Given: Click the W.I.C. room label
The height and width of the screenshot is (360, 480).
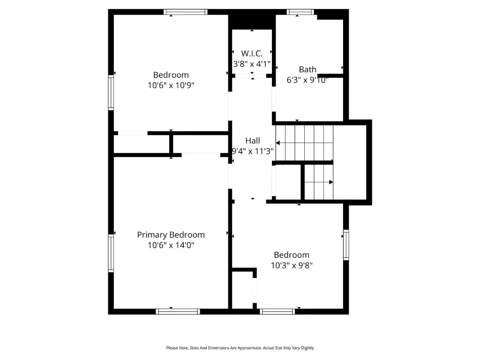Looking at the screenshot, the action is [x=252, y=53].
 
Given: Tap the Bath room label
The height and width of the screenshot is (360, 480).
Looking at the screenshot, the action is [x=307, y=69].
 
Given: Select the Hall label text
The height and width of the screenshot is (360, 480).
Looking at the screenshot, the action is [x=253, y=141].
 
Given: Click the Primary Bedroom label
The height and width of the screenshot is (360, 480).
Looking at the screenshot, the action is [x=171, y=235].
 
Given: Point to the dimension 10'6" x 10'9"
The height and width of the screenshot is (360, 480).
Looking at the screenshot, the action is [x=171, y=85].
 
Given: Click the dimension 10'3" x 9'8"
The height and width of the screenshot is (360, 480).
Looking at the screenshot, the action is [x=292, y=265].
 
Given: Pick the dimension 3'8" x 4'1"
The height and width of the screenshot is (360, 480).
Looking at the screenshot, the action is [x=252, y=64].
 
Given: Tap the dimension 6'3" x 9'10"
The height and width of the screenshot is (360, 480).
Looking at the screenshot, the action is [x=307, y=80].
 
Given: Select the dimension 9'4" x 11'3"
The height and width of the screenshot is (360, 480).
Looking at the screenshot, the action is [x=253, y=151].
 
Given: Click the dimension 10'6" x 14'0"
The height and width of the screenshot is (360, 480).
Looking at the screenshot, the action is [x=171, y=245].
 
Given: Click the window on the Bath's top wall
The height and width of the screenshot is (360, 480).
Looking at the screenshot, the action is [x=300, y=12].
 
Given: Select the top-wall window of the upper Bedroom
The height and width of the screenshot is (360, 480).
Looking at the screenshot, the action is [x=186, y=12].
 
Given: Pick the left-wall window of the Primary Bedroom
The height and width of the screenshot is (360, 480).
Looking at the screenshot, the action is [x=111, y=253].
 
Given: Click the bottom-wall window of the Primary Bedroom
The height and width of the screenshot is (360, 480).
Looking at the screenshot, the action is [x=178, y=311].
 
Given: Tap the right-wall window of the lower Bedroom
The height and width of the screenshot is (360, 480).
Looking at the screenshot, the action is [x=346, y=245].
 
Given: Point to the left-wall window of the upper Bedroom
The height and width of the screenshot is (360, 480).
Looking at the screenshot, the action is [x=111, y=93].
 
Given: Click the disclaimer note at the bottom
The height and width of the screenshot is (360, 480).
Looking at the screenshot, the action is [x=240, y=348].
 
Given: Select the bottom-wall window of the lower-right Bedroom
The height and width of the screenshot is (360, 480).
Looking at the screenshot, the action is [x=277, y=311].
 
